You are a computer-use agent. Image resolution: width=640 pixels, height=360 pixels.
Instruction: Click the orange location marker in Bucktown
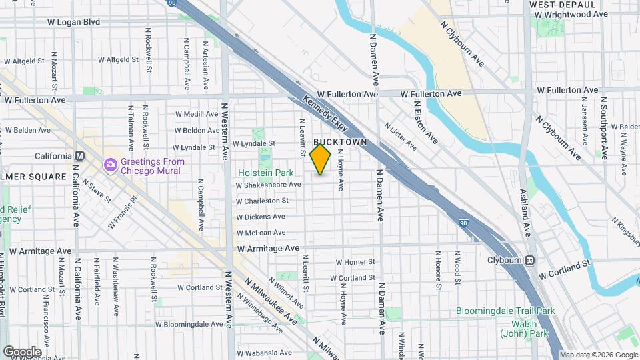tap(321, 159)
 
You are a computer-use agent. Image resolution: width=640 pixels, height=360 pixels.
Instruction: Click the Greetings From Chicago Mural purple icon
tap(109, 164)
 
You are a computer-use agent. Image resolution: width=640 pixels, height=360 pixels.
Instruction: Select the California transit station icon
tap(79, 156)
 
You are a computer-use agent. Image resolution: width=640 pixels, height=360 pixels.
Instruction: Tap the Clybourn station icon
tap(531, 260)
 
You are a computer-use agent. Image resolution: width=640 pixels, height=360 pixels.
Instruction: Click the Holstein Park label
tap(265, 173)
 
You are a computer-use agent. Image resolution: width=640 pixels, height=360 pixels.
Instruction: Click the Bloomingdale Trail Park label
tap(505, 311)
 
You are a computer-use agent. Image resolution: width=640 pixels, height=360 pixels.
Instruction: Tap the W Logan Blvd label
tap(73, 22)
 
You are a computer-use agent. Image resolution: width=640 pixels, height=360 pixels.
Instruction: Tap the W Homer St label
tap(355, 262)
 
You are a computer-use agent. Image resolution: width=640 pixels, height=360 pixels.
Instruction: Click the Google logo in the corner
tap(22, 351)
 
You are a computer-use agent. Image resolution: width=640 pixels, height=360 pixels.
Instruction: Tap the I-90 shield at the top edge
tap(172, 3)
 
